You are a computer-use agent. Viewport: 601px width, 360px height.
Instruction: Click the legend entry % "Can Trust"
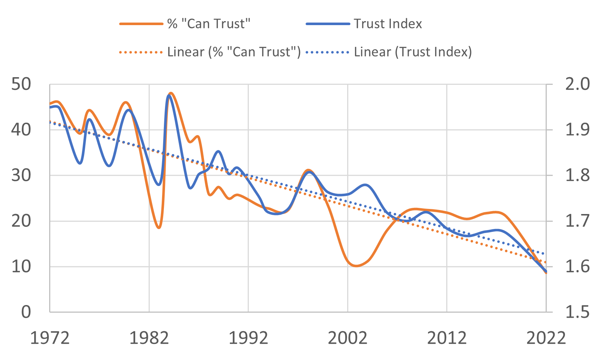(x=209, y=24)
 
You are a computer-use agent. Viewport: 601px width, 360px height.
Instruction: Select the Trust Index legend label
(x=388, y=24)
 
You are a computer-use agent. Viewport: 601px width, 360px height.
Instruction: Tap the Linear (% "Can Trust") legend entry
(x=233, y=52)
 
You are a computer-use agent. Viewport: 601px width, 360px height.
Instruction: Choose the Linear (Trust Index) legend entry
(x=413, y=52)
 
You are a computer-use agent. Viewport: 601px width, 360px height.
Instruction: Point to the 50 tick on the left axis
(x=21, y=84)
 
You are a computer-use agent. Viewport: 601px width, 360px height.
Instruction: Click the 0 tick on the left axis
(x=26, y=312)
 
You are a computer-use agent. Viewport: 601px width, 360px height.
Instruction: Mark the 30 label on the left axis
(x=21, y=175)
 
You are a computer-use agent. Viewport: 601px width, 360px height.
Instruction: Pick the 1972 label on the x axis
(x=50, y=338)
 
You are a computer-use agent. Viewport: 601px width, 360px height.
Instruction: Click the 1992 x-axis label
(x=248, y=338)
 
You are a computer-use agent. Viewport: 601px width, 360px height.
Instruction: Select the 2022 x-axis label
(x=546, y=338)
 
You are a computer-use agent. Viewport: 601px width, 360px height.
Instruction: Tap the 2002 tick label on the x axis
(x=348, y=338)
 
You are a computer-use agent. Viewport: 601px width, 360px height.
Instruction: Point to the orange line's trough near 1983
(x=159, y=228)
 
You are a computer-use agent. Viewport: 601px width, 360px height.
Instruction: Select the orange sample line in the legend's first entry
(x=141, y=24)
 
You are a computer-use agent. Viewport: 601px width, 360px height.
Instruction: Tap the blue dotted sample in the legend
(x=327, y=52)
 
